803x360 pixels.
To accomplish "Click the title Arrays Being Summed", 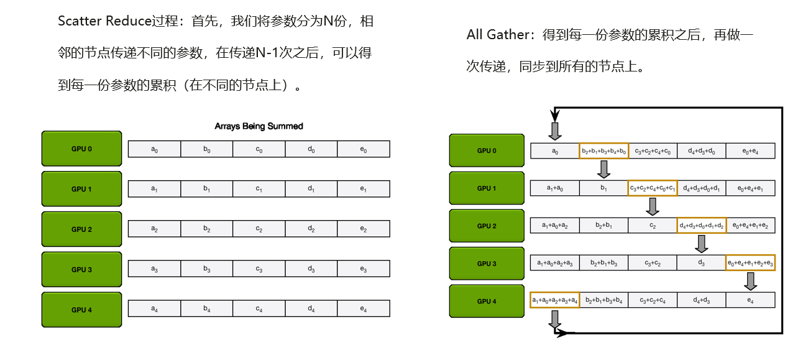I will coord(259,126).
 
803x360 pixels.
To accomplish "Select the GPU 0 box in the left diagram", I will coord(81,149).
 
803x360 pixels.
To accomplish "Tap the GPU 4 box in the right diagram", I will coord(486,301).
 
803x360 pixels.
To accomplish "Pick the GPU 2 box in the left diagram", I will coord(81,229).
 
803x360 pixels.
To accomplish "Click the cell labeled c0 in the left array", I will coord(259,149).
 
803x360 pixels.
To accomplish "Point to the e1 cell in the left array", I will coord(364,189).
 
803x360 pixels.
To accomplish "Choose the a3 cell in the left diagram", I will coord(154,269).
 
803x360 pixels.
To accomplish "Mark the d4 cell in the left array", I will coord(311,309).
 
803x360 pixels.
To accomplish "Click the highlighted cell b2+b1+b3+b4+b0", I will coord(603,150).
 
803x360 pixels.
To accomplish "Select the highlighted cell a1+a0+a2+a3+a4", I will coord(554,300).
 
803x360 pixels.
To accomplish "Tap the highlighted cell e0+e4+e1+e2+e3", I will coord(750,263).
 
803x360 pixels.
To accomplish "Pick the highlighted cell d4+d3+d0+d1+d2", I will coord(701,226).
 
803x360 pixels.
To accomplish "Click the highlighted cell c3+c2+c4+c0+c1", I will coord(652,188).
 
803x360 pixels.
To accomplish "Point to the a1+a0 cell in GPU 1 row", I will coord(554,188).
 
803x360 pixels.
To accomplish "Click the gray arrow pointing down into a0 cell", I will coord(555,131).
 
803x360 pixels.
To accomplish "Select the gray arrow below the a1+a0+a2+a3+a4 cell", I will coord(554,318).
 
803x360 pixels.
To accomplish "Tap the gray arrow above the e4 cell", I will coord(751,281).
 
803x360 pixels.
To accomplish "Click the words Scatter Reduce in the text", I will coord(104,21).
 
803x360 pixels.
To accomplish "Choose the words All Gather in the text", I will coord(497,35).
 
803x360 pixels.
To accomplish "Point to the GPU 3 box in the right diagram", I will coord(486,264).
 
